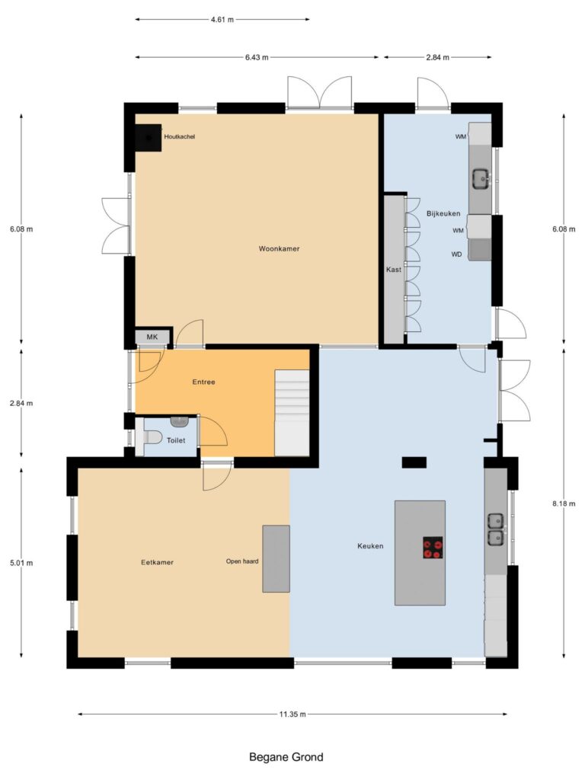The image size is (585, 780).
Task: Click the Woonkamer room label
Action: [x=279, y=249]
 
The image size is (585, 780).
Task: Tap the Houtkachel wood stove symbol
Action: [x=149, y=137]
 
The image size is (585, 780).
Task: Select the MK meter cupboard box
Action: [x=152, y=337]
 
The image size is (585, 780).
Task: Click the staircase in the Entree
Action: [x=292, y=412]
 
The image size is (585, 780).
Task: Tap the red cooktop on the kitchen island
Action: [x=433, y=548]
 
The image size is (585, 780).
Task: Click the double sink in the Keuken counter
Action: [x=495, y=529]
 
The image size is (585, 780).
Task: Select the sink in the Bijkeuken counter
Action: [x=481, y=178]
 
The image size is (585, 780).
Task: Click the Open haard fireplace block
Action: [x=276, y=558]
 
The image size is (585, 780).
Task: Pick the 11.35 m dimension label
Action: [x=292, y=714]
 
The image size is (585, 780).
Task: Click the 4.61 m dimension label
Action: [x=222, y=20]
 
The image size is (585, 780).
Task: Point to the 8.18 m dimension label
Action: [x=564, y=503]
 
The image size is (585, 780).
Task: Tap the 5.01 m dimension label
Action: [x=21, y=563]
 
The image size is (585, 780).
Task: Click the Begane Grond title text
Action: [x=286, y=757]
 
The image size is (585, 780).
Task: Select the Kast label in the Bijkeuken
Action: [x=394, y=270]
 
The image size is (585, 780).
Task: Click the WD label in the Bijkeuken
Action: [x=457, y=254]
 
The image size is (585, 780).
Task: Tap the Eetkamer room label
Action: [x=157, y=563]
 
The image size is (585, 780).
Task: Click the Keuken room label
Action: [x=371, y=546]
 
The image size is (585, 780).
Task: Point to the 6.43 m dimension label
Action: [x=257, y=57]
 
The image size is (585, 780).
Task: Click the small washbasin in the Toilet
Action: [x=179, y=422]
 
